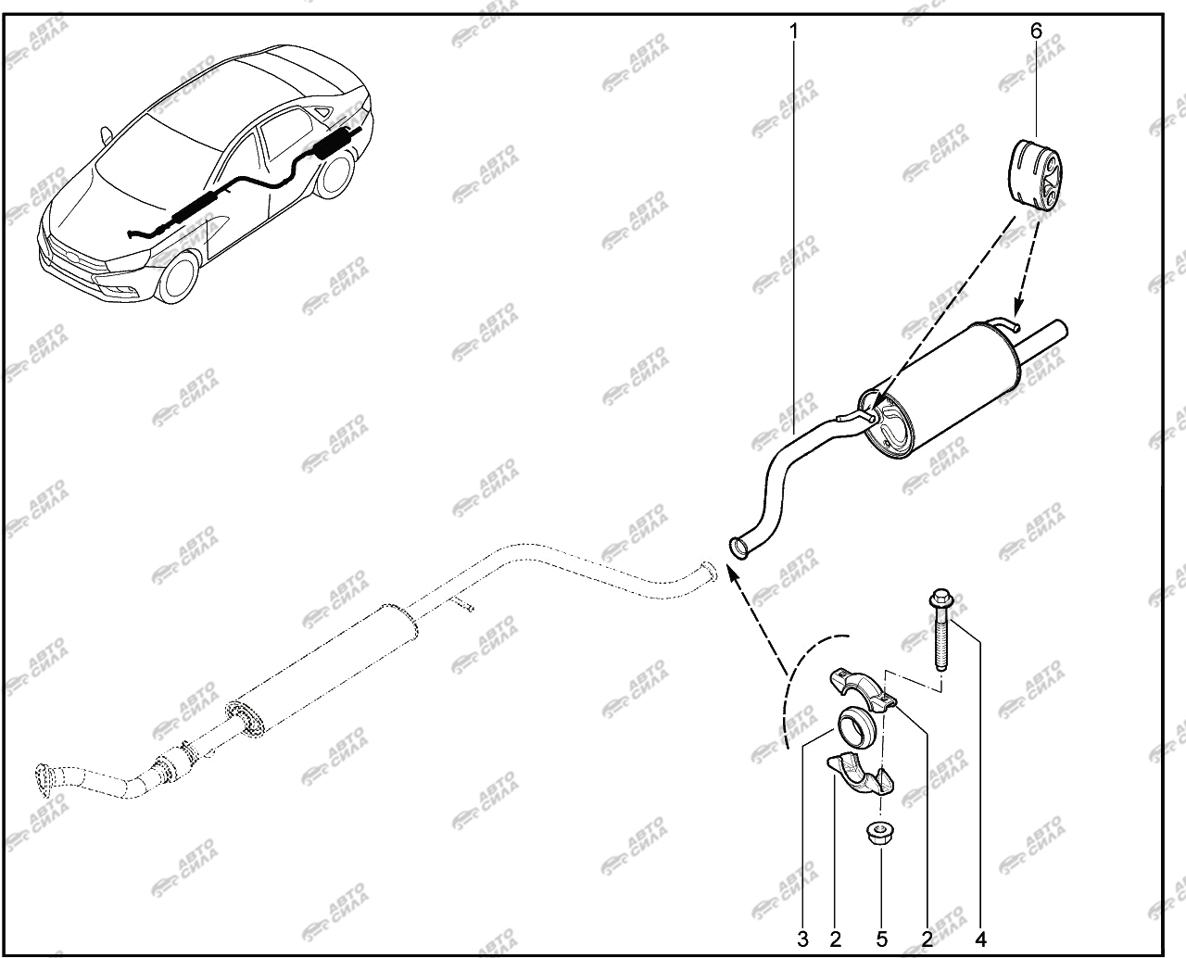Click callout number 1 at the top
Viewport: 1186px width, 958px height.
pos(794,32)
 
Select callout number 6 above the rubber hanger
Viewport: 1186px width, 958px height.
pos(1036,32)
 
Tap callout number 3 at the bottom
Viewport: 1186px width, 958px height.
pos(802,939)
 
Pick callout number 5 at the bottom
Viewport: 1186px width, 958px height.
pos(881,939)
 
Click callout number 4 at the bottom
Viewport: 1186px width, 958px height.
pos(981,939)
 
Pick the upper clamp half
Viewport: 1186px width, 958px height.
pos(861,690)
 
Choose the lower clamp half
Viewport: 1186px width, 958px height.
pos(859,775)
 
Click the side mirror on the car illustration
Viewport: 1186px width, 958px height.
pos(106,134)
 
